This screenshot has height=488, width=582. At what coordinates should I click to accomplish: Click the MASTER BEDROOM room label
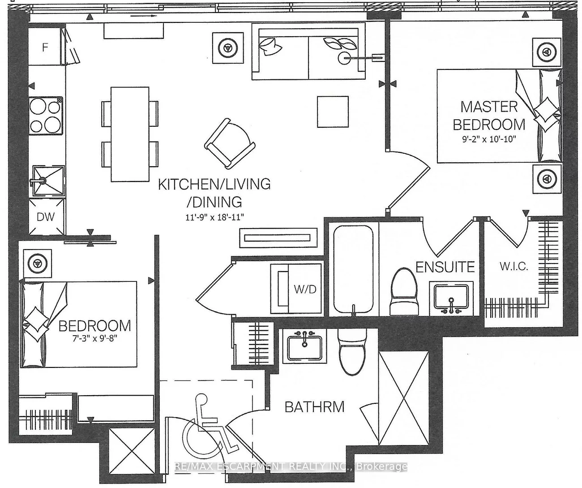point(492,115)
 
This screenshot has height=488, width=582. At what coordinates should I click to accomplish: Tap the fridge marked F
point(45,47)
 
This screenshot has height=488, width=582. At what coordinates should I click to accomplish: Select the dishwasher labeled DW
point(46,217)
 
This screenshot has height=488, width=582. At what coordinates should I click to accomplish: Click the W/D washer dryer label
point(305,289)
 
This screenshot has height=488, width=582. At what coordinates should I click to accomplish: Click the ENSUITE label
point(445,267)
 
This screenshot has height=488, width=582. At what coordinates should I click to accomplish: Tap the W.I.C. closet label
point(514,266)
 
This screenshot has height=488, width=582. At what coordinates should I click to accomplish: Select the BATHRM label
point(315,407)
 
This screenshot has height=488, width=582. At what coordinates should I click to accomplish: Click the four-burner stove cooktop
point(46,115)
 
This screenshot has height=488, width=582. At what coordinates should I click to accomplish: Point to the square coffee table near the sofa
point(333,112)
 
